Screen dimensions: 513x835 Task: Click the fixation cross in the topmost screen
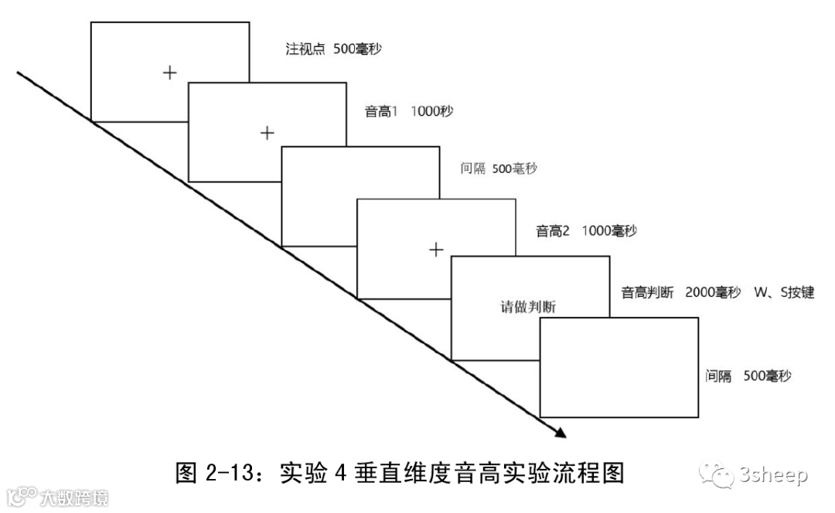pyautogui.click(x=170, y=73)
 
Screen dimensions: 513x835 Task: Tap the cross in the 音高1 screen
pyautogui.click(x=267, y=133)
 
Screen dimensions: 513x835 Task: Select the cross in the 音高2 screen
pyautogui.click(x=436, y=249)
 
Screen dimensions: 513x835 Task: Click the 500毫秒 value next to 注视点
pyautogui.click(x=357, y=49)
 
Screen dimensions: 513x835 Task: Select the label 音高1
pyautogui.click(x=381, y=111)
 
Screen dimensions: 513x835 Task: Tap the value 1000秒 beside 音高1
pyautogui.click(x=432, y=111)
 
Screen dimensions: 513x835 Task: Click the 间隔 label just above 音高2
pyautogui.click(x=472, y=168)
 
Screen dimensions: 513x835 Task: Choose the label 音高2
pyautogui.click(x=553, y=231)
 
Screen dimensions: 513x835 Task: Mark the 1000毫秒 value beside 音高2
pyautogui.click(x=609, y=231)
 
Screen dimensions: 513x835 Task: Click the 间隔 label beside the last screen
pyautogui.click(x=718, y=376)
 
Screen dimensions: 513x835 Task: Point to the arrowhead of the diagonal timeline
pyautogui.click(x=559, y=433)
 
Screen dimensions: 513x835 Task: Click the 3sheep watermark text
pyautogui.click(x=775, y=475)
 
